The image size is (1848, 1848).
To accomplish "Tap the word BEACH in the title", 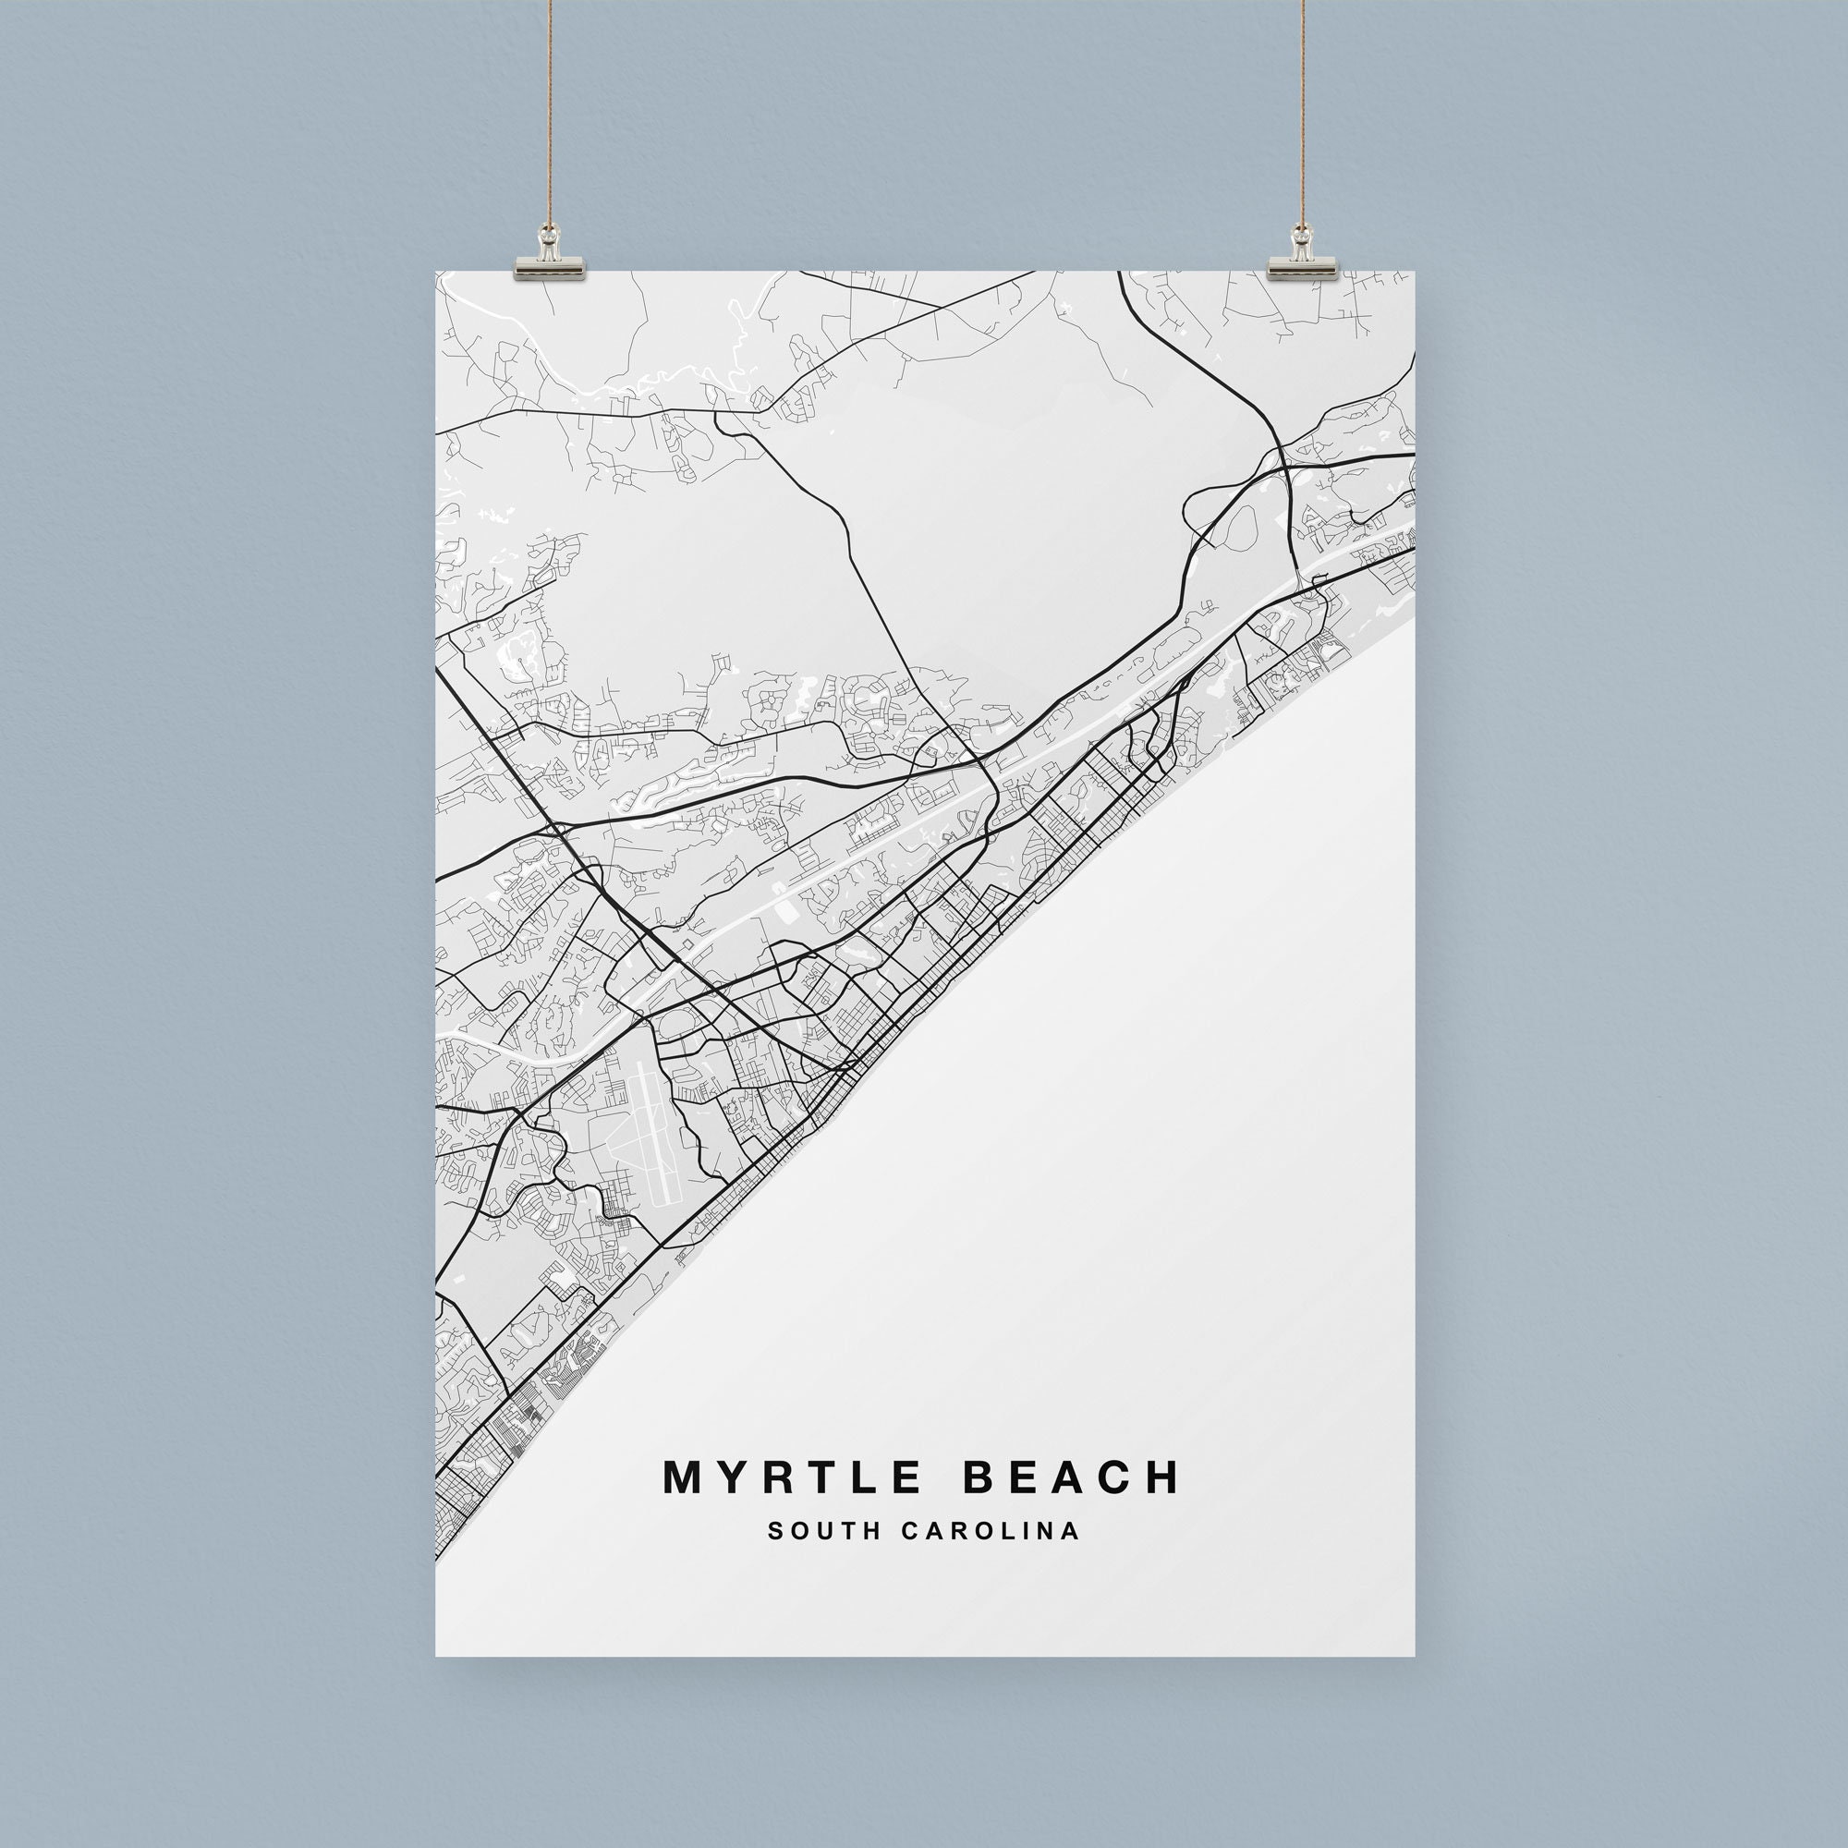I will point(1072,1477).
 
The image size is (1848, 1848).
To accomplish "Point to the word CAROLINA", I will point(990,1530).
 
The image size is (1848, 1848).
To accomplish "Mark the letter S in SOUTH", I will point(773,1530).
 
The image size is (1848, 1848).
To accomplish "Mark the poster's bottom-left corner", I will point(437,1655).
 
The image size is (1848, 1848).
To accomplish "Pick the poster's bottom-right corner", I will point(1414,1655).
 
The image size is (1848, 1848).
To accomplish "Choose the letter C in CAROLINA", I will point(906,1530).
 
